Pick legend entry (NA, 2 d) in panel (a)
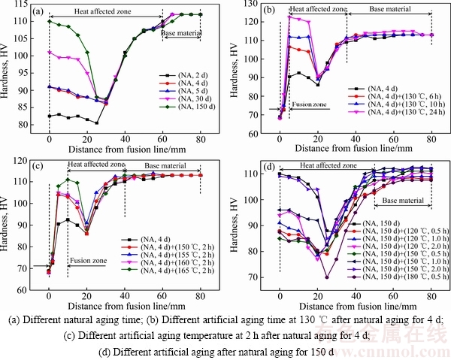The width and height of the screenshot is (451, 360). coord(184,75)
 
